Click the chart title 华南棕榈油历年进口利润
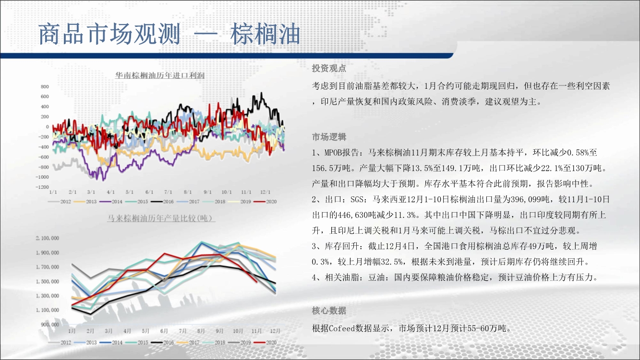[160, 75]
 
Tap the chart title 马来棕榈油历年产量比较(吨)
[161, 218]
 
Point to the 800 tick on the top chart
[45, 86]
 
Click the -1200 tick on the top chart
[42, 187]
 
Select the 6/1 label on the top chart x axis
[149, 192]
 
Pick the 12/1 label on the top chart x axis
[265, 192]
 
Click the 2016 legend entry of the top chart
[162, 202]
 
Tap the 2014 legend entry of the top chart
[111, 202]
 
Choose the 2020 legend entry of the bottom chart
[265, 342]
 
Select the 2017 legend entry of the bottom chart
[188, 342]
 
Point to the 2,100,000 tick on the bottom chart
[48, 238]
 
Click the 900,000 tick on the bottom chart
[50, 324]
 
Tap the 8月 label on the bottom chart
[201, 331]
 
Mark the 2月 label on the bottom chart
[90, 331]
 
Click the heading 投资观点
[329, 68]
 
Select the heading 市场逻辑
[329, 137]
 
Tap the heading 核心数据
[329, 311]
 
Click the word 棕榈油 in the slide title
[265, 34]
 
